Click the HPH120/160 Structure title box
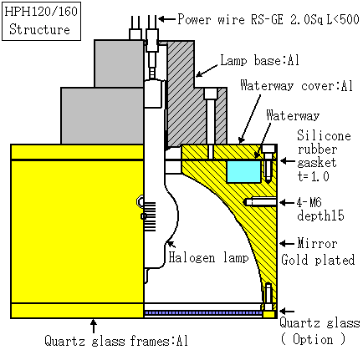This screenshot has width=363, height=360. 42,22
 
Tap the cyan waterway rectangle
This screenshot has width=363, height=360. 243,172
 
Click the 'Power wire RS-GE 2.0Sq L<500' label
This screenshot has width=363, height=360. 268,19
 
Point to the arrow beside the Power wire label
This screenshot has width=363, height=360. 166,19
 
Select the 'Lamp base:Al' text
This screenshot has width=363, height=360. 260,60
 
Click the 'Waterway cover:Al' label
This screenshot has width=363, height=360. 297,85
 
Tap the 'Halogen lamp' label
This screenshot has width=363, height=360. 208,257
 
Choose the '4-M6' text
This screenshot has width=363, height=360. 309,202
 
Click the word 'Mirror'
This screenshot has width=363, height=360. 317,243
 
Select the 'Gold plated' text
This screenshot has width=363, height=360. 318,260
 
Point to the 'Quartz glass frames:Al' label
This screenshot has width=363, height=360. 116,341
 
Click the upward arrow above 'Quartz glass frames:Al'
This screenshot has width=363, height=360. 94,326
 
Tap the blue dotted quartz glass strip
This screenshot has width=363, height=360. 203,313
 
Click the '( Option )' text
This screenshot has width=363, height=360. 314,339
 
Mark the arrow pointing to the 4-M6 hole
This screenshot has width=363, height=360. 287,202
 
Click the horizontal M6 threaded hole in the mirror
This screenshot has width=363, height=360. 260,201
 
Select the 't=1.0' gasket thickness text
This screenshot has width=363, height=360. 314,176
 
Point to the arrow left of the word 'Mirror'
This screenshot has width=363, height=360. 287,244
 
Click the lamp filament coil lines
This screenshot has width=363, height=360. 150,216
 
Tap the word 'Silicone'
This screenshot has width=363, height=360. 324,135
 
